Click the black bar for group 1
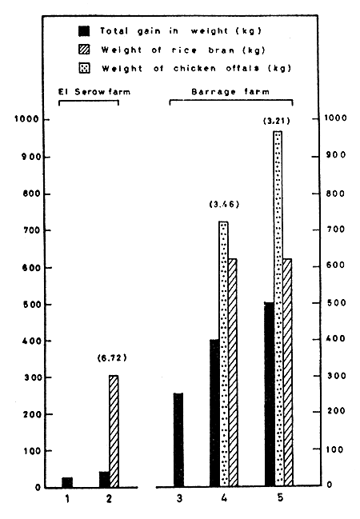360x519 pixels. [67, 482]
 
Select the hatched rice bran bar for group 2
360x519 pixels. [114, 431]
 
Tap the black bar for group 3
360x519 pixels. [178, 440]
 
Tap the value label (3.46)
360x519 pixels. [223, 205]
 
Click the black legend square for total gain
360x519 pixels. [82, 30]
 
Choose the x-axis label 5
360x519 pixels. [278, 501]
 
